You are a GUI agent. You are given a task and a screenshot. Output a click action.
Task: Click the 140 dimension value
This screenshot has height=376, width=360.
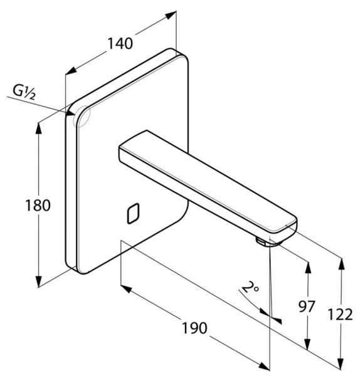pos(120,44)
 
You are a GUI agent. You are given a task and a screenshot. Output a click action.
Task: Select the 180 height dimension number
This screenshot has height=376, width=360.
pos(38,206)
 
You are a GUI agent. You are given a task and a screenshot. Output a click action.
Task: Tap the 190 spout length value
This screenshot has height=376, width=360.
pos(194,328)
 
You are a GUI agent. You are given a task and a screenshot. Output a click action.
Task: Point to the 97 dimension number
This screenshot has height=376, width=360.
pos(307,306)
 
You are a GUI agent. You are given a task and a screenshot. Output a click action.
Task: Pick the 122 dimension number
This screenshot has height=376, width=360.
pos(341,315)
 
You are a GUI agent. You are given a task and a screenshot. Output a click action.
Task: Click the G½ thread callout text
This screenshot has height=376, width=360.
pos(24,92)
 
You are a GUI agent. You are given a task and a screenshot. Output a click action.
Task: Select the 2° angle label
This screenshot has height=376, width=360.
pos(250,287)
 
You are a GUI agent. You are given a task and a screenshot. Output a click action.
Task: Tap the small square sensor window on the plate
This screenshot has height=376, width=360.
pos(133,214)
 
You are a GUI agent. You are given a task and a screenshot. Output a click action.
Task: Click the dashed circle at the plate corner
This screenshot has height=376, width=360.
pos(83,117)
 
